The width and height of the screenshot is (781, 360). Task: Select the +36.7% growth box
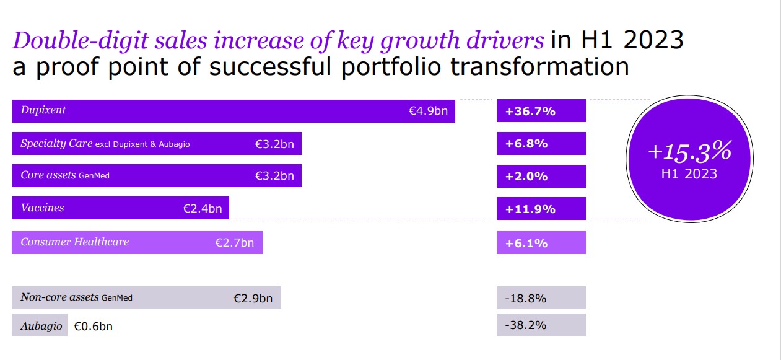pyautogui.click(x=541, y=111)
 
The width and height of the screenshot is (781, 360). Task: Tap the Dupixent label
pyautogui.click(x=43, y=110)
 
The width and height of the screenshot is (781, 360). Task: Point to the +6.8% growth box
pyautogui.click(x=541, y=144)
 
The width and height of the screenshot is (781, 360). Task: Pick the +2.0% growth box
pyautogui.click(x=541, y=177)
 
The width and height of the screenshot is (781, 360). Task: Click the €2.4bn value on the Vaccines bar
pyautogui.click(x=202, y=209)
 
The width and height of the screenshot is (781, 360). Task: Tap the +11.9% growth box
pyautogui.click(x=541, y=209)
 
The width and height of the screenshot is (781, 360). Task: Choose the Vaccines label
pyautogui.click(x=42, y=208)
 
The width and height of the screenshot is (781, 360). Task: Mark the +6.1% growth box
pyautogui.click(x=541, y=243)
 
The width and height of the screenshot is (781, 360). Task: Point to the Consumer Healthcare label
pyautogui.click(x=74, y=242)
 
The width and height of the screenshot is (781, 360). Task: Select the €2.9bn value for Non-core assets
pyautogui.click(x=253, y=298)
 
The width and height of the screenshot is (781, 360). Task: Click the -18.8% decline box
pyautogui.click(x=541, y=298)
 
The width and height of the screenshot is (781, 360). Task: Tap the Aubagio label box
pyautogui.click(x=40, y=326)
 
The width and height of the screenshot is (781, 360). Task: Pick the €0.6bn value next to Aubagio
pyautogui.click(x=93, y=326)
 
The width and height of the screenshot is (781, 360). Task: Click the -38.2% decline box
pyautogui.click(x=541, y=325)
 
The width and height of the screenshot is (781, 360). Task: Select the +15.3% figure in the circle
pyautogui.click(x=689, y=151)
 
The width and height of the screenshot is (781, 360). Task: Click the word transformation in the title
pyautogui.click(x=539, y=66)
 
